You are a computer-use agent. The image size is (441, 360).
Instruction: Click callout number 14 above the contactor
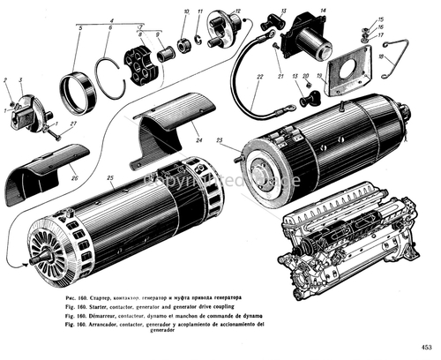(x=323, y=10)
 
